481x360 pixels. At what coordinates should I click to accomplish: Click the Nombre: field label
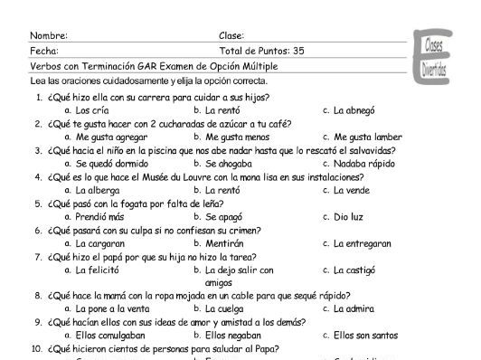(49, 36)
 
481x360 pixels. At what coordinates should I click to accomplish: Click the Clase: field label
(231, 36)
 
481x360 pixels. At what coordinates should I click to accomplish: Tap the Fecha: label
(44, 52)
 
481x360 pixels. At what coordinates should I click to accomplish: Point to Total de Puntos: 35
(261, 52)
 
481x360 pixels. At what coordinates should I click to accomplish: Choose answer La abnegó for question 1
(354, 110)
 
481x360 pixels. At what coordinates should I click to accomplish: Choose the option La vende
(352, 191)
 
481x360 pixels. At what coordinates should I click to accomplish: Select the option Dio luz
(348, 217)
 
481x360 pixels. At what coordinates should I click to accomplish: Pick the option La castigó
(354, 270)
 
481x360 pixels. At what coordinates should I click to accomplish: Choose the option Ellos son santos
(365, 335)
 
